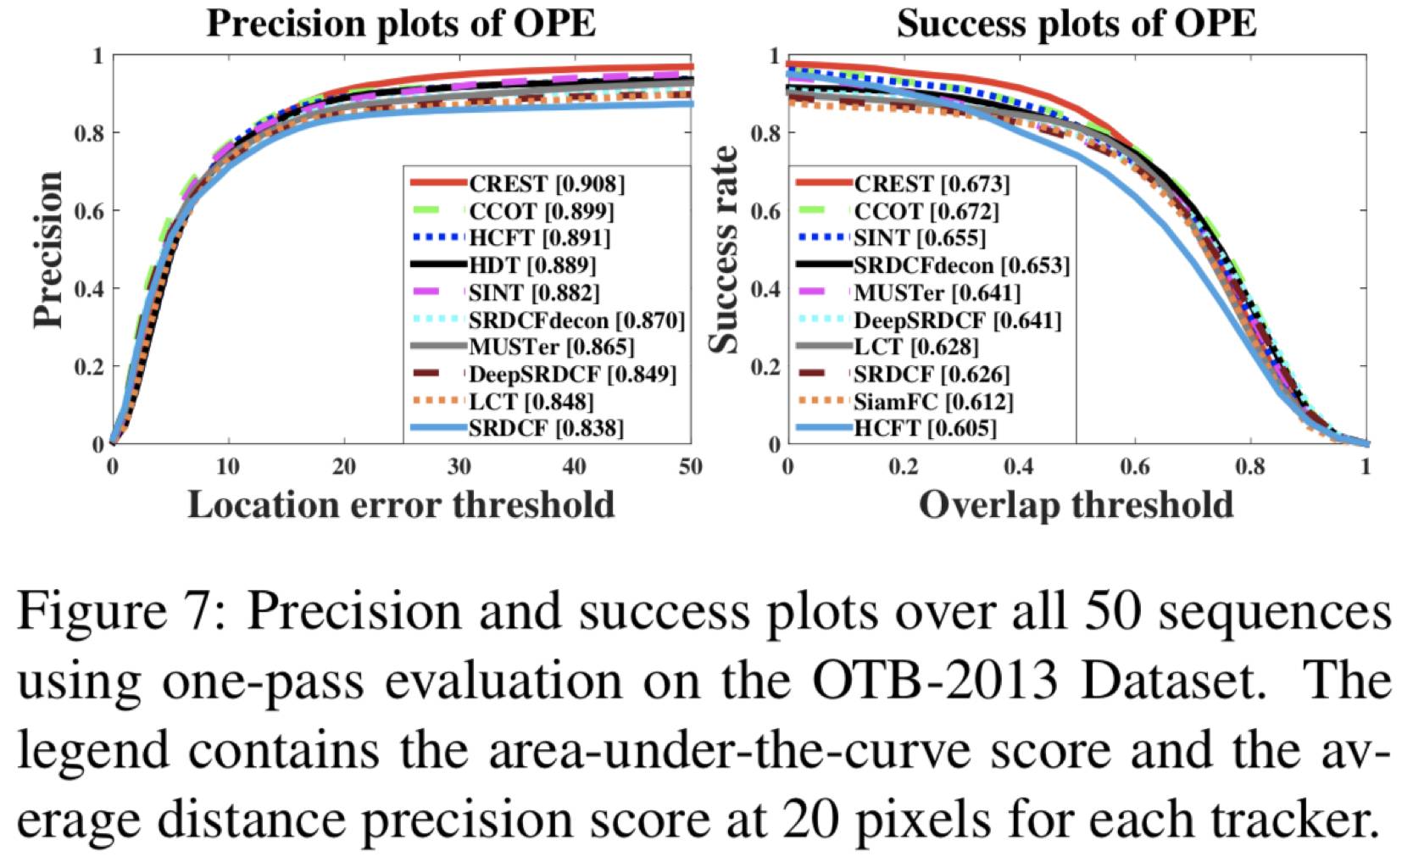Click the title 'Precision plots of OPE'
pyautogui.click(x=401, y=23)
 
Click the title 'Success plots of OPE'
pyautogui.click(x=1076, y=23)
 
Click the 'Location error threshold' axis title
pyautogui.click(x=401, y=505)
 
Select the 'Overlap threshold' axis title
pyautogui.click(x=1076, y=505)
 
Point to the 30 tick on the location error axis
pyautogui.click(x=459, y=466)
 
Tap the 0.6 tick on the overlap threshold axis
pyautogui.click(x=1134, y=466)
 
